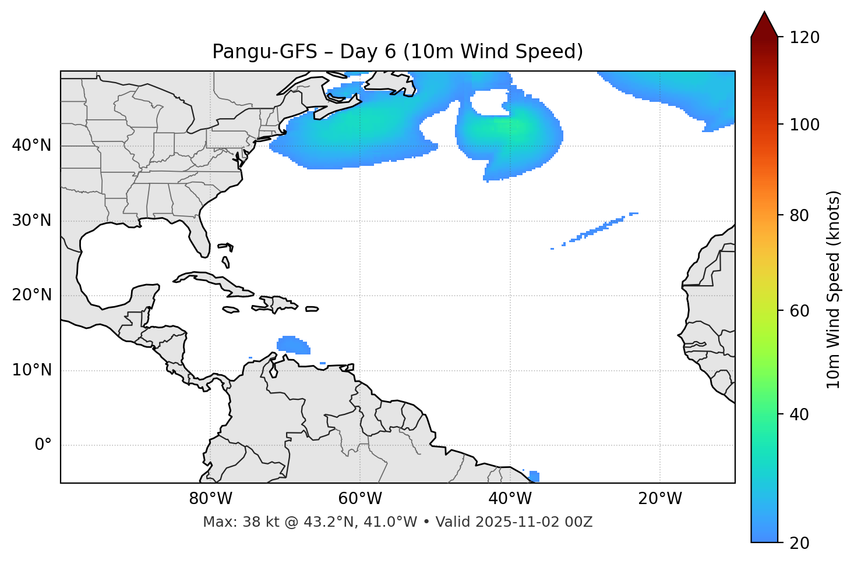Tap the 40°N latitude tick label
coord(31,146)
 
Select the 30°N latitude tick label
coord(31,221)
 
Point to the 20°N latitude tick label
coord(31,295)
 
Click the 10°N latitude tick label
coord(31,370)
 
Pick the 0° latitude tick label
coord(43,445)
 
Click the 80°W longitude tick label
coord(210,499)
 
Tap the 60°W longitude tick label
coord(360,499)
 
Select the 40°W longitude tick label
coord(510,499)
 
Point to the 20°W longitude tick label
coord(660,499)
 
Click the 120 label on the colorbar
coord(804,38)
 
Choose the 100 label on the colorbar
coord(804,125)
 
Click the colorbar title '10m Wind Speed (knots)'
coord(834,289)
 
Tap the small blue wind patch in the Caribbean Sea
coord(293,345)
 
